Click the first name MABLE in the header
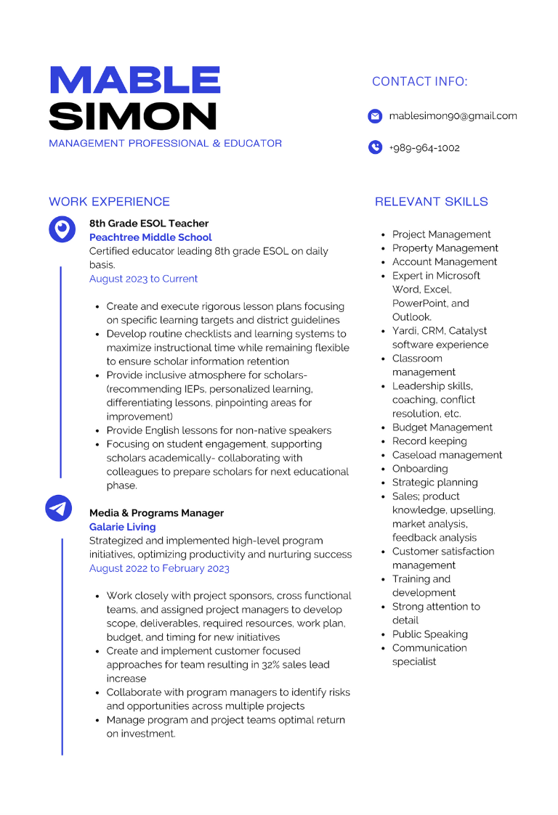(x=135, y=80)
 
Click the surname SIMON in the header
(x=133, y=116)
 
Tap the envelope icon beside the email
(x=375, y=116)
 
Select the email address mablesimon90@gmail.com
(x=453, y=116)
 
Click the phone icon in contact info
(x=375, y=147)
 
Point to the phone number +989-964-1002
(x=424, y=148)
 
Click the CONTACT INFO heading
(x=420, y=81)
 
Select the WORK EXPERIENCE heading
(x=109, y=202)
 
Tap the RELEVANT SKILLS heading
(x=432, y=202)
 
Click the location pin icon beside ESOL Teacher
(x=62, y=229)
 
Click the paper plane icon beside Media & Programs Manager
(x=59, y=507)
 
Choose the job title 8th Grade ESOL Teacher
(x=149, y=224)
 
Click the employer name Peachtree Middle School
(x=150, y=237)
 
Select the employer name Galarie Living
(x=122, y=527)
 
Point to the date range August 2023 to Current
(x=143, y=279)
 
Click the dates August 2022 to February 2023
(x=159, y=568)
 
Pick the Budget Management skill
(x=442, y=427)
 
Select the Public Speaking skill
(x=430, y=634)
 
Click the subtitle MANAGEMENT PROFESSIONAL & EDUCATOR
(x=165, y=144)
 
